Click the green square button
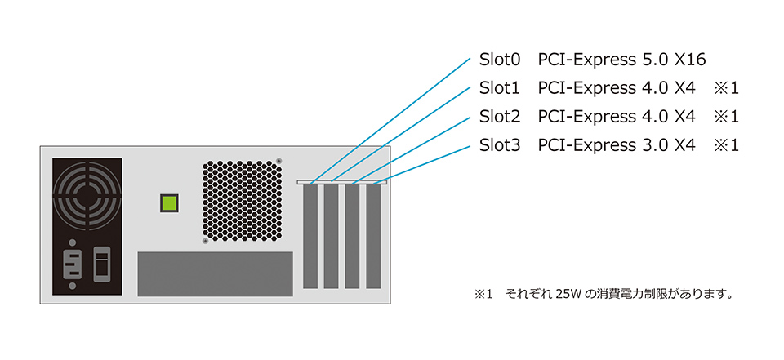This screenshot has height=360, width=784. point(169,203)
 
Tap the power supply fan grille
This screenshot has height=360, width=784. point(86,195)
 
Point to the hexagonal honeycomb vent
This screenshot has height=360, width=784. point(243,201)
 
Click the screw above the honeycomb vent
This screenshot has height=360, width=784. point(279,160)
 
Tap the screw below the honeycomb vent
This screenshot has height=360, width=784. point(205,241)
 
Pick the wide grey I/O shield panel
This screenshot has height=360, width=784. point(215,273)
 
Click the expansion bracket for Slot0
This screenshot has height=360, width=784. point(310,235)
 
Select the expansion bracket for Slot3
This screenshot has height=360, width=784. point(373,235)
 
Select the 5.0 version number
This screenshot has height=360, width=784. point(653,60)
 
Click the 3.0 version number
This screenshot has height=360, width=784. point(653,145)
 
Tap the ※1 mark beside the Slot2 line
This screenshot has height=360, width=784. point(726,117)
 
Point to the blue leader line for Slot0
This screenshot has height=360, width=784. point(392,118)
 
